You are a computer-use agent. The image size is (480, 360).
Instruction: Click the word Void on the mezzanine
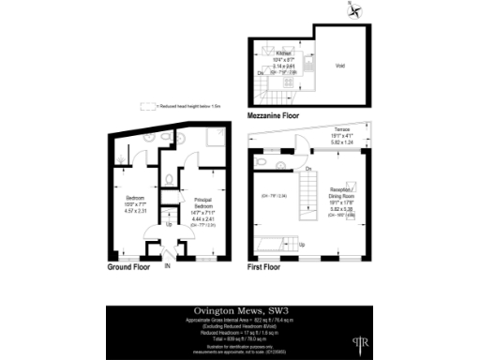pos(341,66)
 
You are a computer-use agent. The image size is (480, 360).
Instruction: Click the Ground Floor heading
pos(126,267)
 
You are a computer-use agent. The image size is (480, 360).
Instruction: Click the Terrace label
pos(341,133)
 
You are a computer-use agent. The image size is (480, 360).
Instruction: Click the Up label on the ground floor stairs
pos(169,225)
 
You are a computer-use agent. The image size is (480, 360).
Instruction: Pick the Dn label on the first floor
pos(307,169)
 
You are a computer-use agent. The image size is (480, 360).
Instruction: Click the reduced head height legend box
pos(147,106)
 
